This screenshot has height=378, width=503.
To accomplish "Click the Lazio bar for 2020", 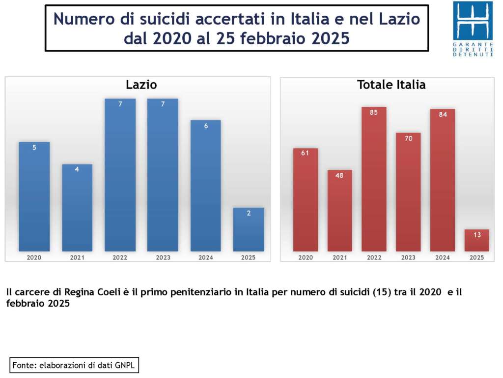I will pos(34,197).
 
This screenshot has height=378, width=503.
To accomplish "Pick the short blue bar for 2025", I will pos(249,230).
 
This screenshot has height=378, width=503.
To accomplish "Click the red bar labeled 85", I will pos(374,180).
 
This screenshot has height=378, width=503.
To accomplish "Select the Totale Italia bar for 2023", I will pos(408,192).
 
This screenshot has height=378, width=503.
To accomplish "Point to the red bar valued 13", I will pos(476,241).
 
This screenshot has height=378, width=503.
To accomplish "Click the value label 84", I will pos(443,115).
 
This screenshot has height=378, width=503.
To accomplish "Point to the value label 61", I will pos(305,153).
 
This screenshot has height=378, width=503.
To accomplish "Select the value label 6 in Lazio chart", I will pos(206,126).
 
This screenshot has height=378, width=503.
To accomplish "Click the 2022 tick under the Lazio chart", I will pos(120,257).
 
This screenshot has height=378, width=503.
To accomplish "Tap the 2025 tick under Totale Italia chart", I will pos(476,257).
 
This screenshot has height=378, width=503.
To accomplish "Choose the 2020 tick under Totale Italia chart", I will pos(305,257).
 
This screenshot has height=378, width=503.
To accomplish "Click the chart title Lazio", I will pos(141,85).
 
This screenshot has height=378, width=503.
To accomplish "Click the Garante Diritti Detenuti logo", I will pos(473,29).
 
